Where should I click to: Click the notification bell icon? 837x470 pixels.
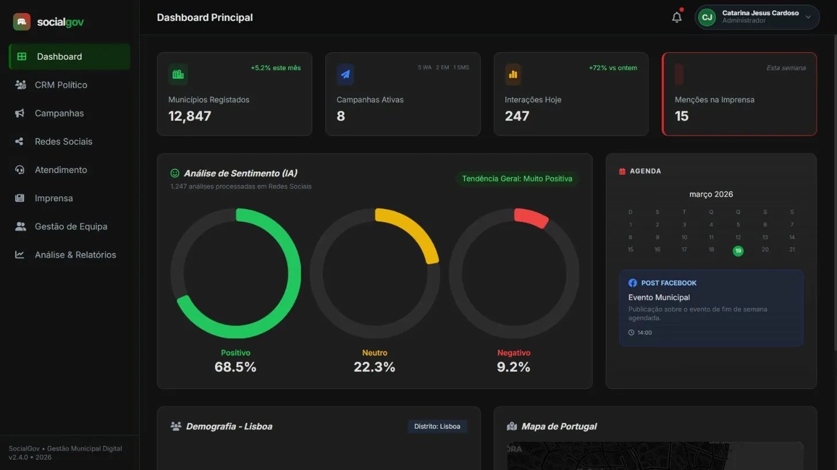677,17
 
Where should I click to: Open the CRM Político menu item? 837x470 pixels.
61,85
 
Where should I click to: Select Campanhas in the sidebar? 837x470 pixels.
59,113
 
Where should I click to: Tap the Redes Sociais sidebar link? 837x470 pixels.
63,141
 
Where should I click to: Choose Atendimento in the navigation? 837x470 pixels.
61,170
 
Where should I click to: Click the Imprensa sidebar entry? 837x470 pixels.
53,198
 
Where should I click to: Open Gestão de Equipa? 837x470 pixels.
71,226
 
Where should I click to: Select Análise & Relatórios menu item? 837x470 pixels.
75,255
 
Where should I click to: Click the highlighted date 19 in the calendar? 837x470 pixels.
738,251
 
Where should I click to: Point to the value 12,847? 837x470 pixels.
190,116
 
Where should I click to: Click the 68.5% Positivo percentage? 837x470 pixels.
235,367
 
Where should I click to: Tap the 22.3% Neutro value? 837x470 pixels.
374,367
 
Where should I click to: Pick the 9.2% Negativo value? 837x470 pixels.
513,367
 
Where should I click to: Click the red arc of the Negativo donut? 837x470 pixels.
531,218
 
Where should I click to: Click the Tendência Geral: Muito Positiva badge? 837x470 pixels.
517,179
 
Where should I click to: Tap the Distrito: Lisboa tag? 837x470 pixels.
437,426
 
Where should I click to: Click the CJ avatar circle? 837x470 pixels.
707,17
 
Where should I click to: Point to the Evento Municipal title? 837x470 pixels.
659,298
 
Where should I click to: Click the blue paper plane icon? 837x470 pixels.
345,74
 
